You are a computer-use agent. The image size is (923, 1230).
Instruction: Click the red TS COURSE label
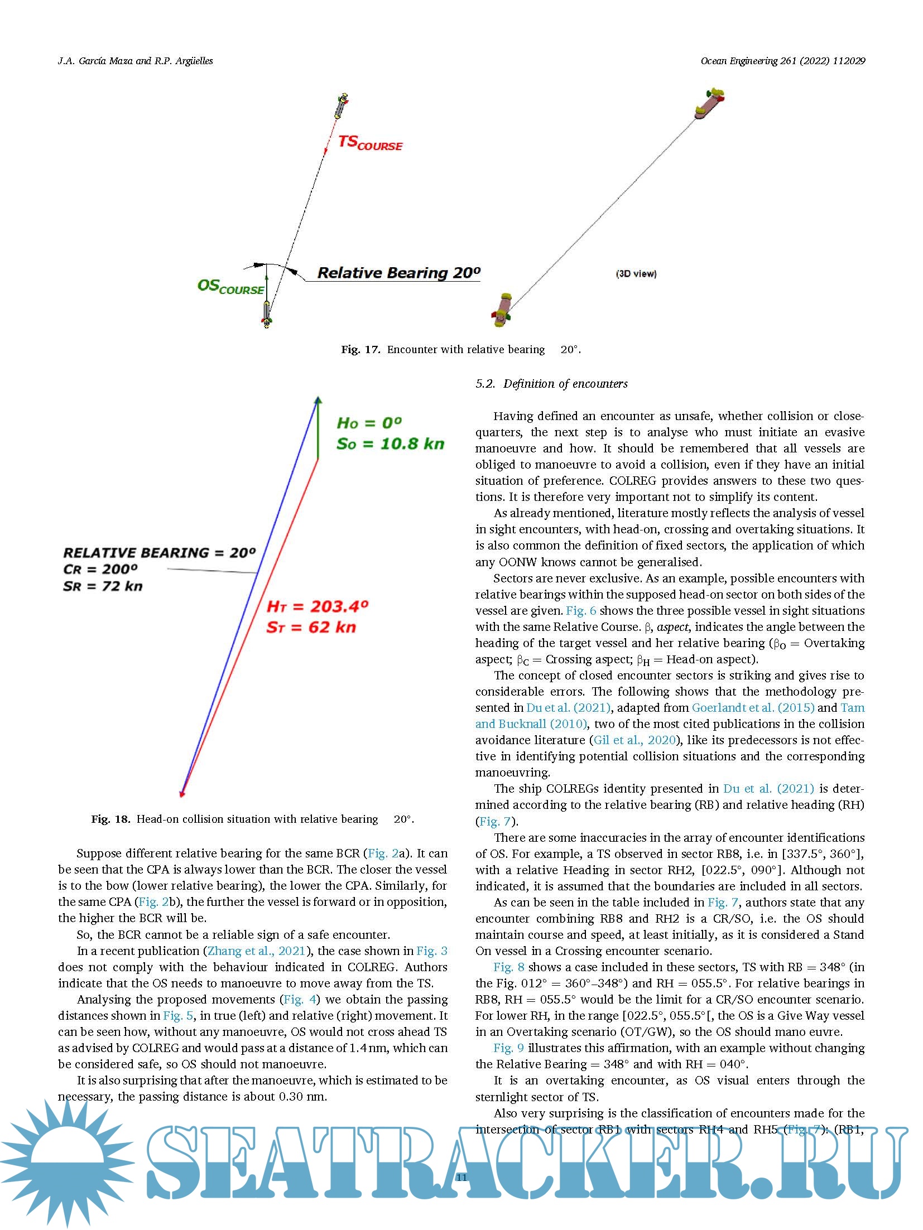coord(370,143)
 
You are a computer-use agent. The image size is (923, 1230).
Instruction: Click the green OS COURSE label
coord(230,287)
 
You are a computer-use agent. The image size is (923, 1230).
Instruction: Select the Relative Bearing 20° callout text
coord(398,273)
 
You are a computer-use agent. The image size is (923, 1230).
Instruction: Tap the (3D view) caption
coord(636,274)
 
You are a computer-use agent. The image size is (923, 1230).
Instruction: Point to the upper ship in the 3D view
coord(708,104)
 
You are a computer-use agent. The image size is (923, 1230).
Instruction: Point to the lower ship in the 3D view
coord(502,309)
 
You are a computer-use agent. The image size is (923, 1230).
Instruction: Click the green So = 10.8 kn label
coord(390,444)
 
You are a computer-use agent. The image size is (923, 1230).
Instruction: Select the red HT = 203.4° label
coord(318,606)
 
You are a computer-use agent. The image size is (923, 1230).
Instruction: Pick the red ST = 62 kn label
coord(311,627)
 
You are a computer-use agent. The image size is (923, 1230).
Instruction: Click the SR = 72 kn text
coord(103,586)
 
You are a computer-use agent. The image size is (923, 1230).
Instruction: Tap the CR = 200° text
coord(100,570)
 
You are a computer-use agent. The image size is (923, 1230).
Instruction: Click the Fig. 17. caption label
coord(360,350)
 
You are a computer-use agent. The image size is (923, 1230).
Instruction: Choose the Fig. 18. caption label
coord(110,819)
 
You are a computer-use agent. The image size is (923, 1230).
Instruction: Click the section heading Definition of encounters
coord(565,384)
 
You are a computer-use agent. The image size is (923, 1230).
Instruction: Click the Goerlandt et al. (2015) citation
coord(753,708)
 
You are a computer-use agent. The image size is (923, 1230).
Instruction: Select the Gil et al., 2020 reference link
coord(634,740)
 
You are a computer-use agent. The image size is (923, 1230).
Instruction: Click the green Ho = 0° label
coord(369,423)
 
